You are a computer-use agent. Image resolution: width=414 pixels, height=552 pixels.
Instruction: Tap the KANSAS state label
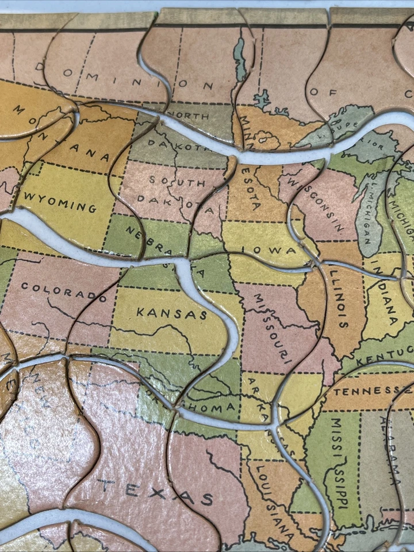[171, 313]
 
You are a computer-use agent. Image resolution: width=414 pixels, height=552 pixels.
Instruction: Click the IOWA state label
[267, 251]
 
